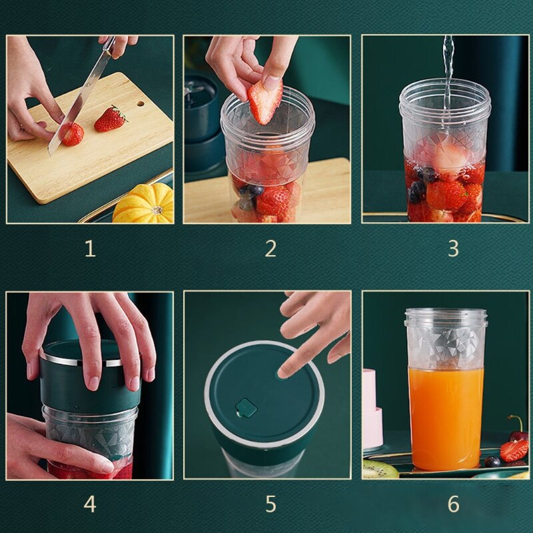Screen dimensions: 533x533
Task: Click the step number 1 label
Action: click(x=90, y=249)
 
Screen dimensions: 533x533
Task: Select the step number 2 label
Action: click(x=270, y=249)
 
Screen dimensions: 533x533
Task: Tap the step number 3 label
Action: click(x=453, y=249)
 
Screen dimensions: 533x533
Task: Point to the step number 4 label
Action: click(x=90, y=504)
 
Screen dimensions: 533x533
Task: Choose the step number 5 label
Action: click(x=270, y=504)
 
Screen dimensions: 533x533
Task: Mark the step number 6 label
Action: click(x=453, y=504)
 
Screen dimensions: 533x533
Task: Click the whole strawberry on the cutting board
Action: click(x=110, y=119)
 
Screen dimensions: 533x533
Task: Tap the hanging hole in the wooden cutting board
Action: click(x=140, y=103)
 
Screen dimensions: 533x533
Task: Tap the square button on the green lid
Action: click(x=245, y=406)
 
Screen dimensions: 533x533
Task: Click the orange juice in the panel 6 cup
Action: click(x=446, y=416)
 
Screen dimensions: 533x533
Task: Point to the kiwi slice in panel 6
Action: click(x=380, y=470)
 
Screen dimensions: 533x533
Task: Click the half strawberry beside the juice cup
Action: click(x=514, y=450)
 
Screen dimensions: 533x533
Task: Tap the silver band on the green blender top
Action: click(x=80, y=361)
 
